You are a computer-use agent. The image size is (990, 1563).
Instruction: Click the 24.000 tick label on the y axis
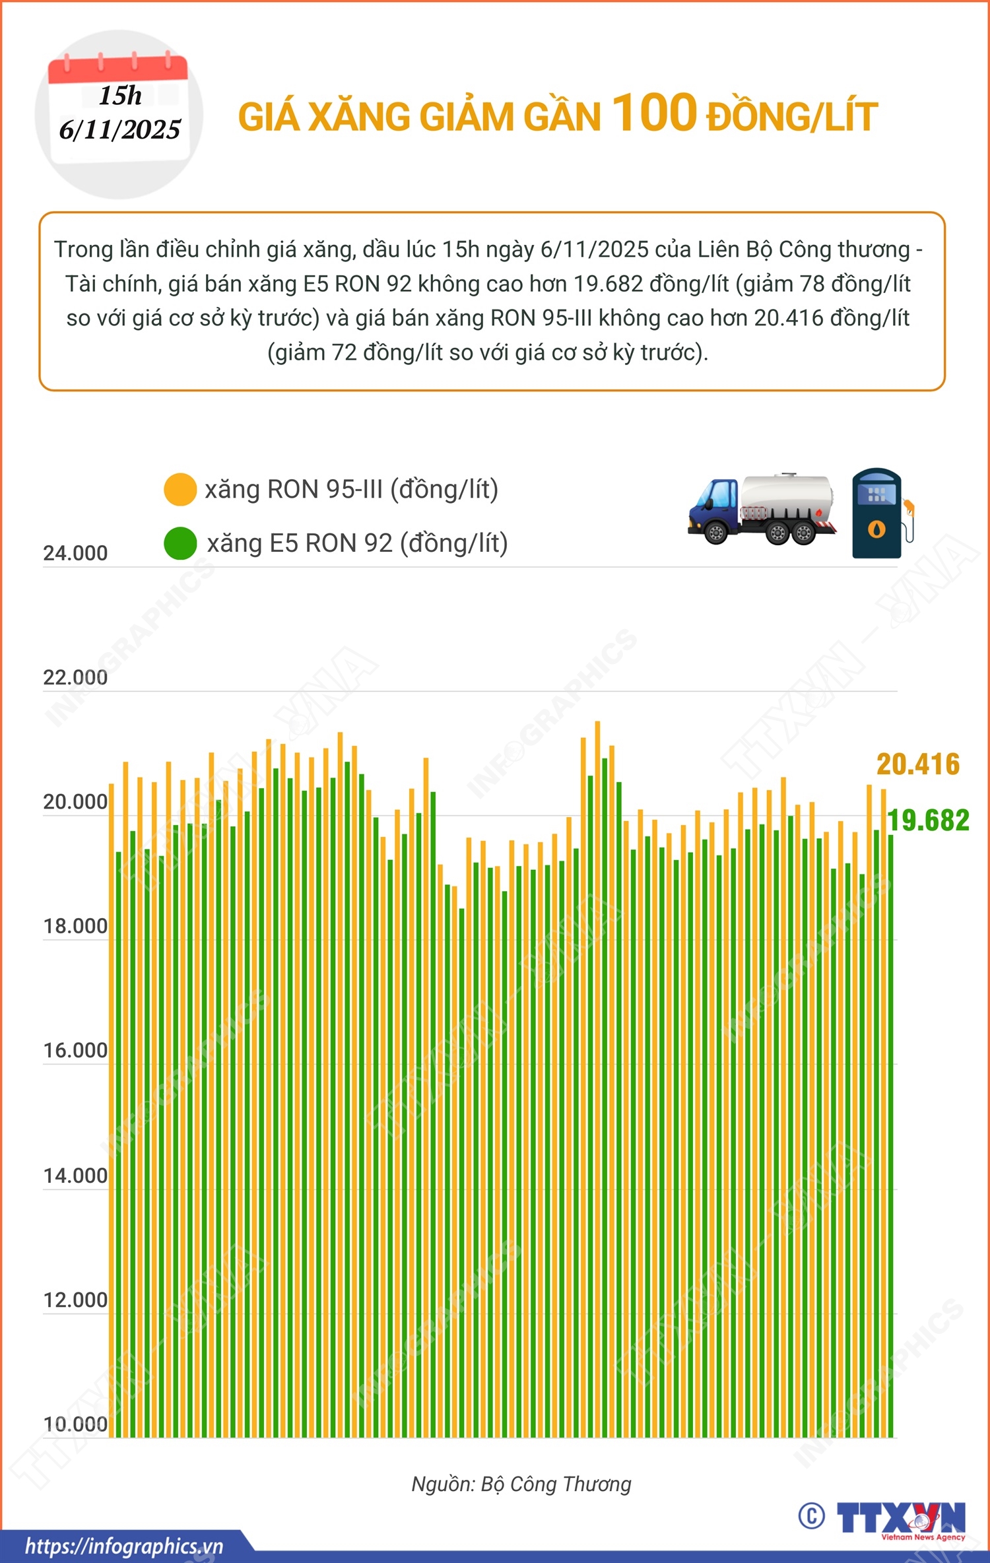75,553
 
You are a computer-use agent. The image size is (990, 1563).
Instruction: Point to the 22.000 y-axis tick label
75,677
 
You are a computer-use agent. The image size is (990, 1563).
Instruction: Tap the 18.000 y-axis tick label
75,926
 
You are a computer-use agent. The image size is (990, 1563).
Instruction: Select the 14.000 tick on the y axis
75,1176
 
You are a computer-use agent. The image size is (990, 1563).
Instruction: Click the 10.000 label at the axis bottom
75,1424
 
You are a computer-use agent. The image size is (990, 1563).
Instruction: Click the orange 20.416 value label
917,764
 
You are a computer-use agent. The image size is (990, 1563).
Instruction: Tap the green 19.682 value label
928,820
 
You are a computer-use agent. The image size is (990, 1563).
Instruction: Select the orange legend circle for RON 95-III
180,490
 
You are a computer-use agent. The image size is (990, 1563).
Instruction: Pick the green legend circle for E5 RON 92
180,543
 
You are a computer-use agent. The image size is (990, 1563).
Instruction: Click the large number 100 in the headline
654,113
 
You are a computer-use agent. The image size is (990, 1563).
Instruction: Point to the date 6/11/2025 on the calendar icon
119,129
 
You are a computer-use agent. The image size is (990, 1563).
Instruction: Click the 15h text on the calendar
120,96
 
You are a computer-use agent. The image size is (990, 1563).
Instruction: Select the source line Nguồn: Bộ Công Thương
521,1484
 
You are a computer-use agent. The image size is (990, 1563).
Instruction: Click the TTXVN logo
901,1519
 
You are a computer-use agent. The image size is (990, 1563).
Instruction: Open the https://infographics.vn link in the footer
124,1546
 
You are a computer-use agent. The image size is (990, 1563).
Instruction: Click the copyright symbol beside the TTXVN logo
811,1516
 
